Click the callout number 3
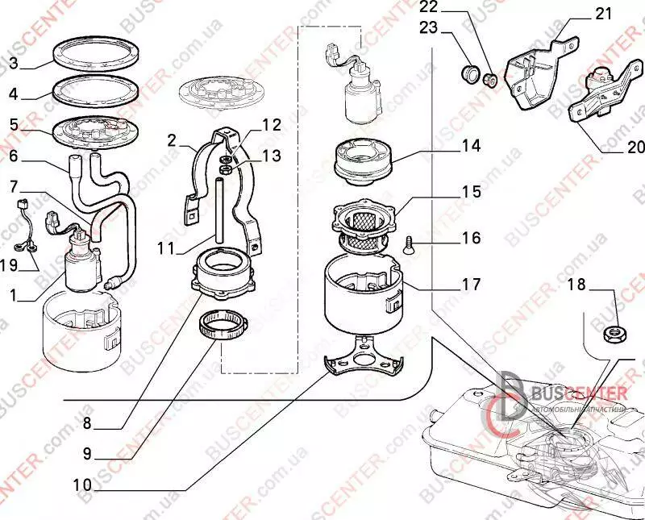(13, 63)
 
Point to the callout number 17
(471, 285)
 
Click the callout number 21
(603, 15)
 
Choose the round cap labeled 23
(466, 73)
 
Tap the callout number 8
(87, 422)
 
